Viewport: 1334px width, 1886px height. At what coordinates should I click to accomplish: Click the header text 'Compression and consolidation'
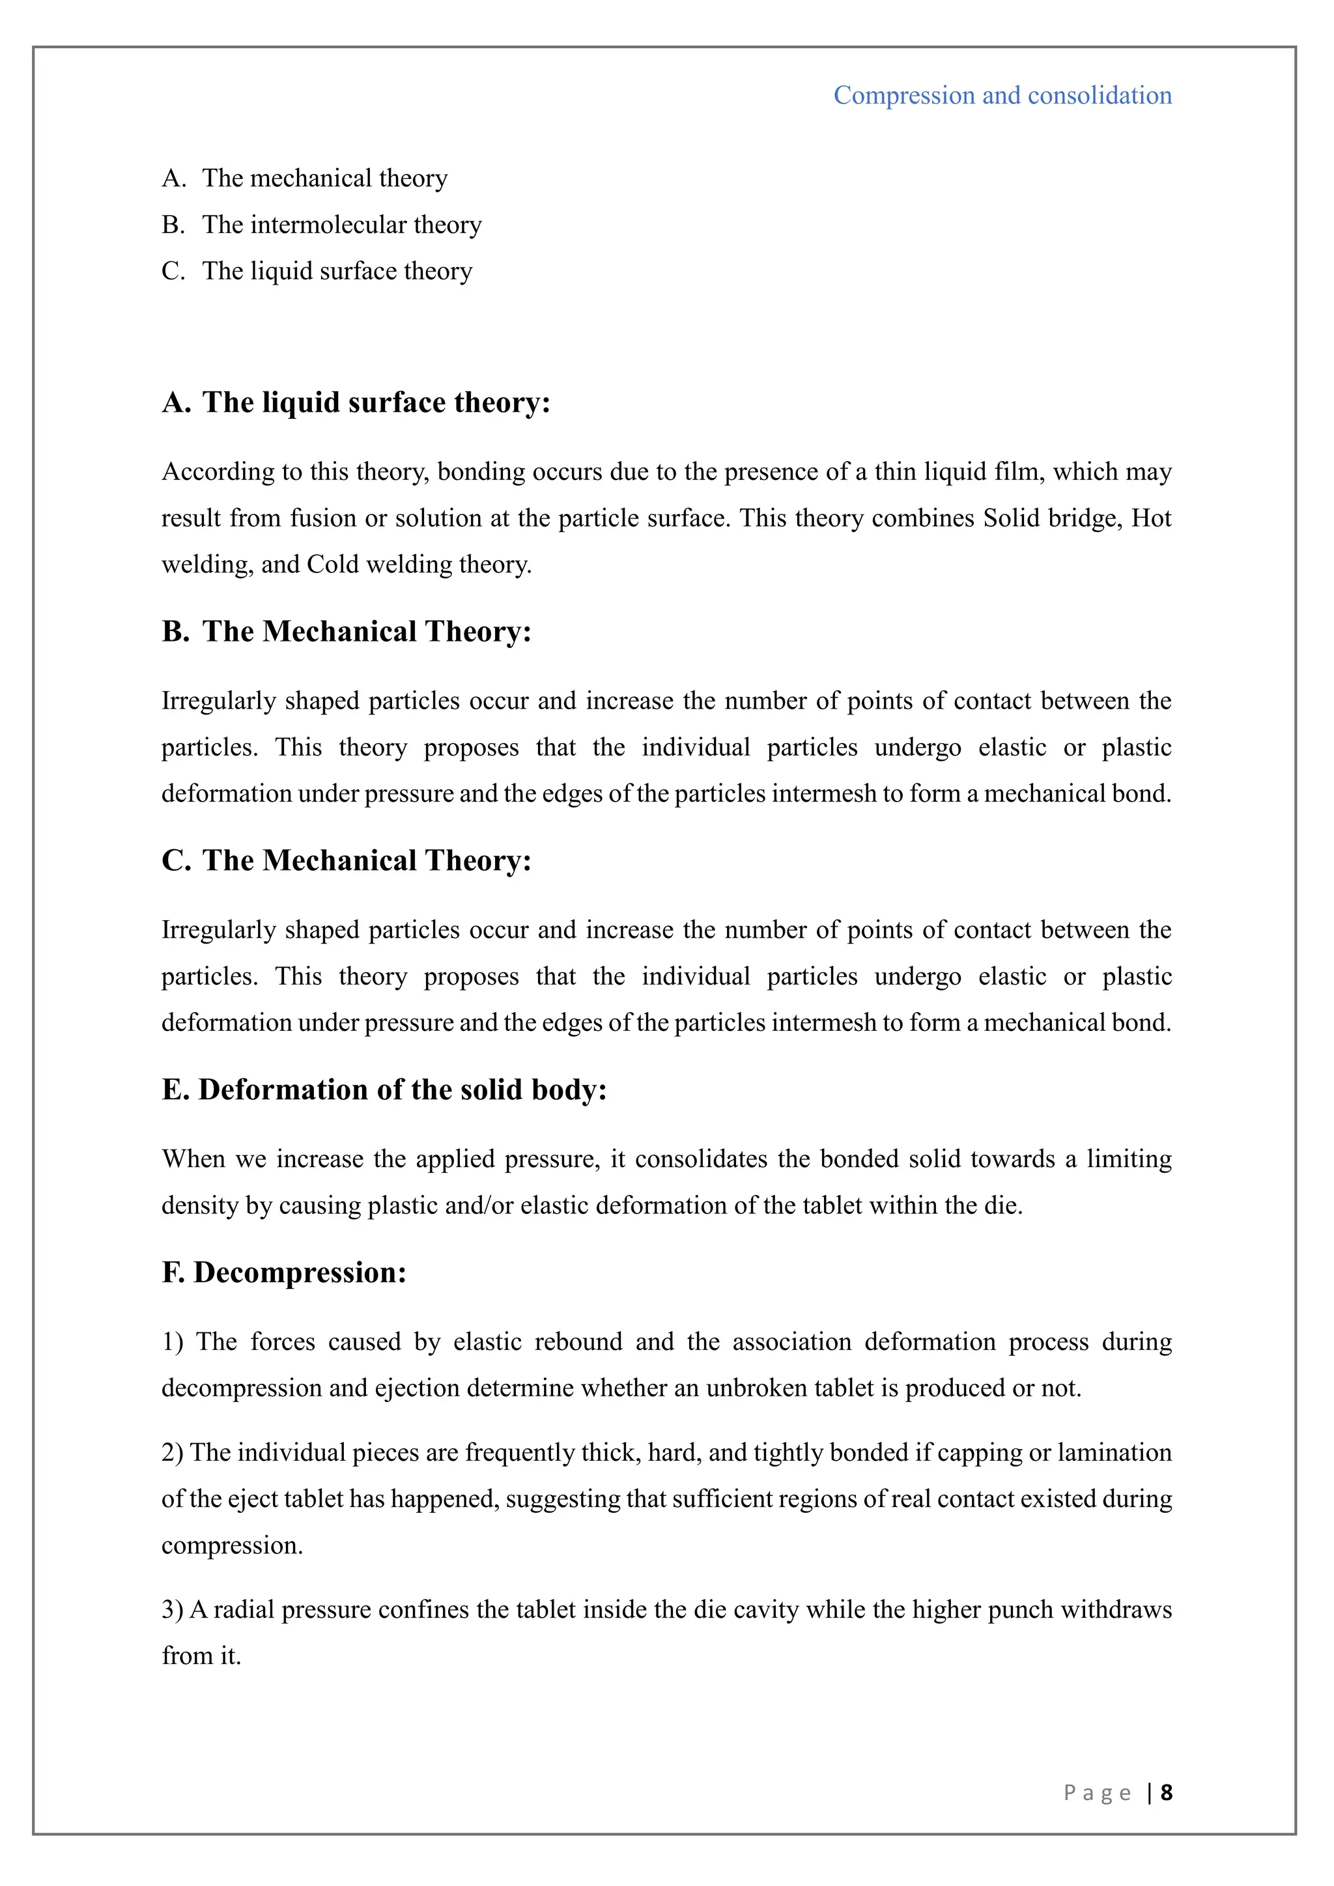pos(1002,95)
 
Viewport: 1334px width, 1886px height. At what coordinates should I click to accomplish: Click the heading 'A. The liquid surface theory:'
pos(356,402)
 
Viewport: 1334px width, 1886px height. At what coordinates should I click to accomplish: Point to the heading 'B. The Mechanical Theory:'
pos(347,632)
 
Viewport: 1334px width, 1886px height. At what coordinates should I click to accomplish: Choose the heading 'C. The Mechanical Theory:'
pos(347,861)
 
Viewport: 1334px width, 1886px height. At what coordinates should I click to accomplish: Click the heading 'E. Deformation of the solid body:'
pos(384,1090)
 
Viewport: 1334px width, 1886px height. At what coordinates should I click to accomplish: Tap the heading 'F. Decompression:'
pos(284,1273)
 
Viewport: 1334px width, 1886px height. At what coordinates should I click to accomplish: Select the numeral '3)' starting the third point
pos(173,1609)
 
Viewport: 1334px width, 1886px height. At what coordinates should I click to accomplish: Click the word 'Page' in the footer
pos(1098,1792)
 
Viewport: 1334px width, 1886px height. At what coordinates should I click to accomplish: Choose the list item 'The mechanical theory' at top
pos(324,178)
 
